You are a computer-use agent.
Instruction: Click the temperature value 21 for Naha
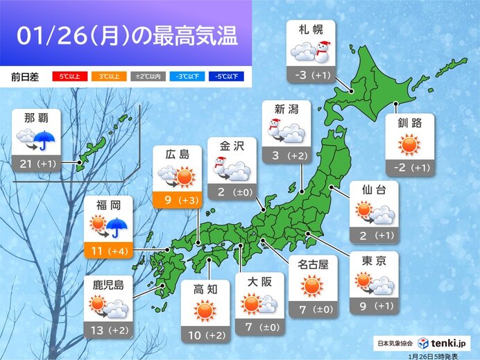(28, 164)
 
